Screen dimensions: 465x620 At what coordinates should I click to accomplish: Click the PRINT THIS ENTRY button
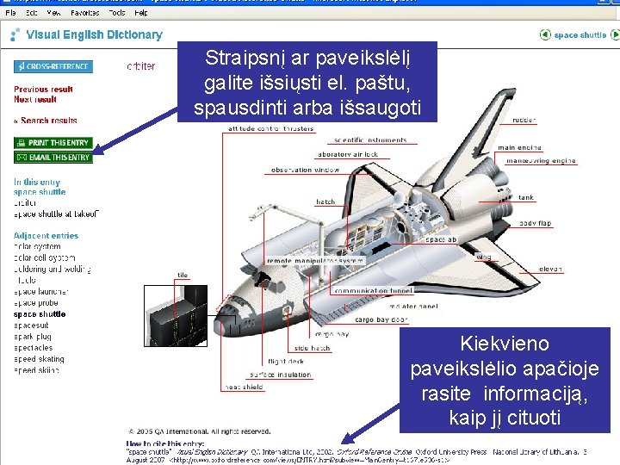click(53, 142)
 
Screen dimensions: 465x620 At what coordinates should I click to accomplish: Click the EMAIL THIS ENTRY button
click(53, 158)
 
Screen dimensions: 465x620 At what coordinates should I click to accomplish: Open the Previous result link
click(43, 89)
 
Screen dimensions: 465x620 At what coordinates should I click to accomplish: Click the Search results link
click(47, 121)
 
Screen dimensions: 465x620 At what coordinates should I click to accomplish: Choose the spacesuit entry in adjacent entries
click(31, 325)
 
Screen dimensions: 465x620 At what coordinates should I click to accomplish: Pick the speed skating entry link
click(39, 359)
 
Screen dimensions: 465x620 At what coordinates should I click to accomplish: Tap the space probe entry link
click(37, 303)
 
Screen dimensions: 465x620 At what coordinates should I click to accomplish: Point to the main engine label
click(518, 148)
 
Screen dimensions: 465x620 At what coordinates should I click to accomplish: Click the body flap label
click(534, 223)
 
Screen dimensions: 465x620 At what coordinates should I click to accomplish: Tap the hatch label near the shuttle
click(325, 202)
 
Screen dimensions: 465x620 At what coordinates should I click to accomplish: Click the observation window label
click(305, 170)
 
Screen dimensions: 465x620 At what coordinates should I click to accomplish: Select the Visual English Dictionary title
click(94, 35)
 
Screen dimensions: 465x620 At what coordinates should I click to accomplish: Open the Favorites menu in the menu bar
click(84, 13)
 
